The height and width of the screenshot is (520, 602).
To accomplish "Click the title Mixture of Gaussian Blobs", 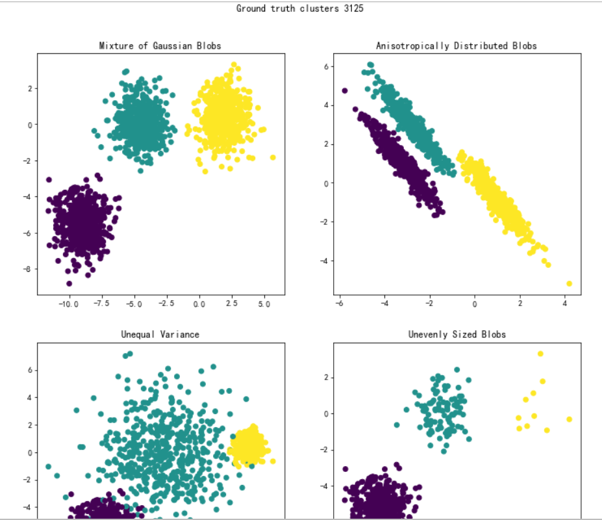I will [x=160, y=45].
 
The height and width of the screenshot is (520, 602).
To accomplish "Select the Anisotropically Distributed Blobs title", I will [x=457, y=45].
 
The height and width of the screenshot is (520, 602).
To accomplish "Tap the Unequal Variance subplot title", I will [x=160, y=334].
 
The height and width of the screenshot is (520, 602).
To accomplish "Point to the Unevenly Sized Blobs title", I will [x=457, y=334].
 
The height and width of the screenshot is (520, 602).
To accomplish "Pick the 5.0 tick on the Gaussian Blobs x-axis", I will [x=264, y=304].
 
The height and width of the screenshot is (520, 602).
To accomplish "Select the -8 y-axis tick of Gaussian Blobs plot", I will [x=28, y=269].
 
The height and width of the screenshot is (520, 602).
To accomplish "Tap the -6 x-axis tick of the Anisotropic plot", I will [x=338, y=304].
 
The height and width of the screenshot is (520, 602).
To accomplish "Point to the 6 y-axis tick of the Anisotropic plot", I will [x=329, y=66].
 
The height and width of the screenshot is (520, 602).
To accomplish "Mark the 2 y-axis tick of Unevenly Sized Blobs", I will [x=329, y=377].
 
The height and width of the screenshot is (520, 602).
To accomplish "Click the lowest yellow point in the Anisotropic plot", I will [x=570, y=283].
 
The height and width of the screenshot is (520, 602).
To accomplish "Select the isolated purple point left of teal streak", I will [x=345, y=90].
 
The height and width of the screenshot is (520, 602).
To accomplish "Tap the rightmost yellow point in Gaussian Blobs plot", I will [x=273, y=157].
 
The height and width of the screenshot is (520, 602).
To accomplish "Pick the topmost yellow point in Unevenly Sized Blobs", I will [x=540, y=354].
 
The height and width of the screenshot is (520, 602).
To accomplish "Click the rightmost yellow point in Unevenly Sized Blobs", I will [x=570, y=419].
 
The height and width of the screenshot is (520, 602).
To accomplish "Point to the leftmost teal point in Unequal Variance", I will [x=48, y=467].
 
